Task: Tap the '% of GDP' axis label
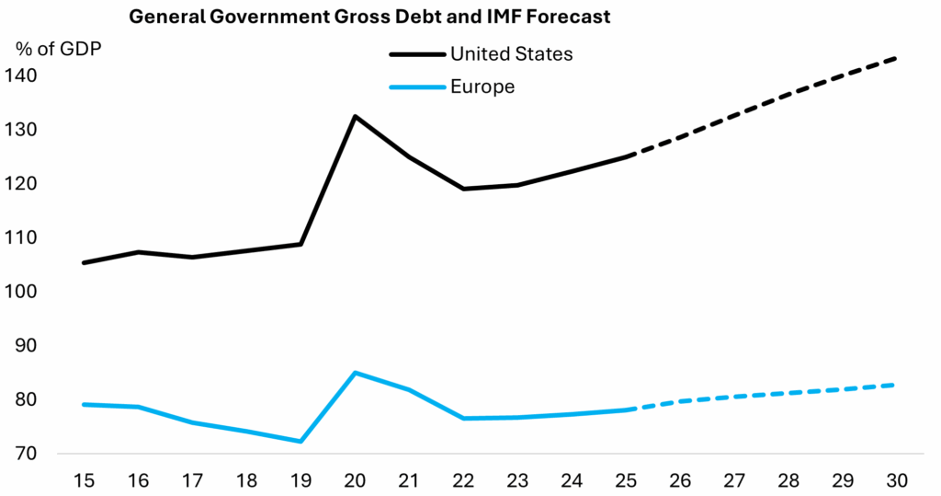tap(57, 49)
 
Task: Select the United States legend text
tap(511, 53)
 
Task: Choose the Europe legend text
tap(482, 87)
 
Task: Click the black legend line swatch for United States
tap(417, 54)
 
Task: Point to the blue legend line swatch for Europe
tap(417, 87)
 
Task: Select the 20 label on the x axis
tap(355, 480)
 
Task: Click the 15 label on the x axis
tap(84, 480)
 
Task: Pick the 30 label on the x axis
tap(896, 480)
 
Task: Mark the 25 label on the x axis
tap(626, 480)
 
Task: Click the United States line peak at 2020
tap(355, 116)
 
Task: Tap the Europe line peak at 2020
tap(355, 373)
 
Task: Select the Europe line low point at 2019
tap(300, 442)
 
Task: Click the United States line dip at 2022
tap(463, 189)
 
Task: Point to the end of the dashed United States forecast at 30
tap(896, 58)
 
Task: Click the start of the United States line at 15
tap(84, 263)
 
